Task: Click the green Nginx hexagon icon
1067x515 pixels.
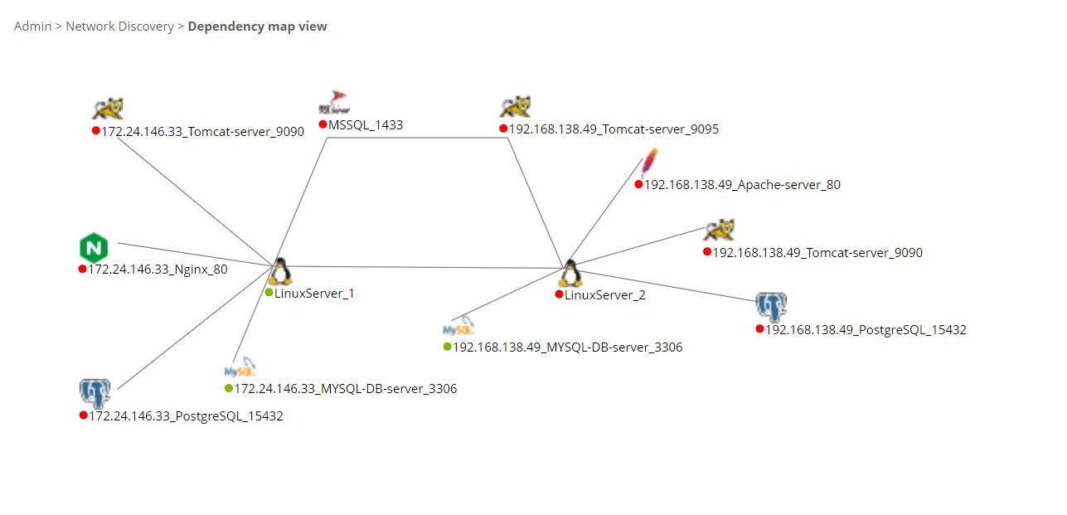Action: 94,247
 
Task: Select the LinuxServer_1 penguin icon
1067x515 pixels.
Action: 280,271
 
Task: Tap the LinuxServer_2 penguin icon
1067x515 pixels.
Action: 570,273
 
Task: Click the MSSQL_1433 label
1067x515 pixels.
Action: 366,125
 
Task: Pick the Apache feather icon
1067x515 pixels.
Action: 649,163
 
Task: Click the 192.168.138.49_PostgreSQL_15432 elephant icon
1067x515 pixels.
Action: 771,307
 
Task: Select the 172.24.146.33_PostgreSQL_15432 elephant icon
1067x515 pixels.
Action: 95,393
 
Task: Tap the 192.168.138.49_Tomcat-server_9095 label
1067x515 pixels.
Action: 614,129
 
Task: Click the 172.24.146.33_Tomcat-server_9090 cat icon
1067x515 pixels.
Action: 108,109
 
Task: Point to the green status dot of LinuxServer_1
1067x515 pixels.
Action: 269,293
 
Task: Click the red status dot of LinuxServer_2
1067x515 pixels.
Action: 560,294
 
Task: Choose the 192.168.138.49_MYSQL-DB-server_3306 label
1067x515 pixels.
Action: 567,347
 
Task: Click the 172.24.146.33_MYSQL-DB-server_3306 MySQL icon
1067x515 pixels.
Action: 240,370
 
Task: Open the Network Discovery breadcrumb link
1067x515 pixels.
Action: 119,27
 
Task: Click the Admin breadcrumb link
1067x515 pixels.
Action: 32,27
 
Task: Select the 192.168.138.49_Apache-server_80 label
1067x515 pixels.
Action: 742,185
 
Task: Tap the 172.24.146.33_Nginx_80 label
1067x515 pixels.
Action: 158,270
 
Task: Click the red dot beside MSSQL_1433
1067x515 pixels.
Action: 323,124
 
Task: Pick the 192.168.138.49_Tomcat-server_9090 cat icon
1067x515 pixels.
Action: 719,231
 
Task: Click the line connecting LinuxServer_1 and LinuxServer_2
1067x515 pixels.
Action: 423,267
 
